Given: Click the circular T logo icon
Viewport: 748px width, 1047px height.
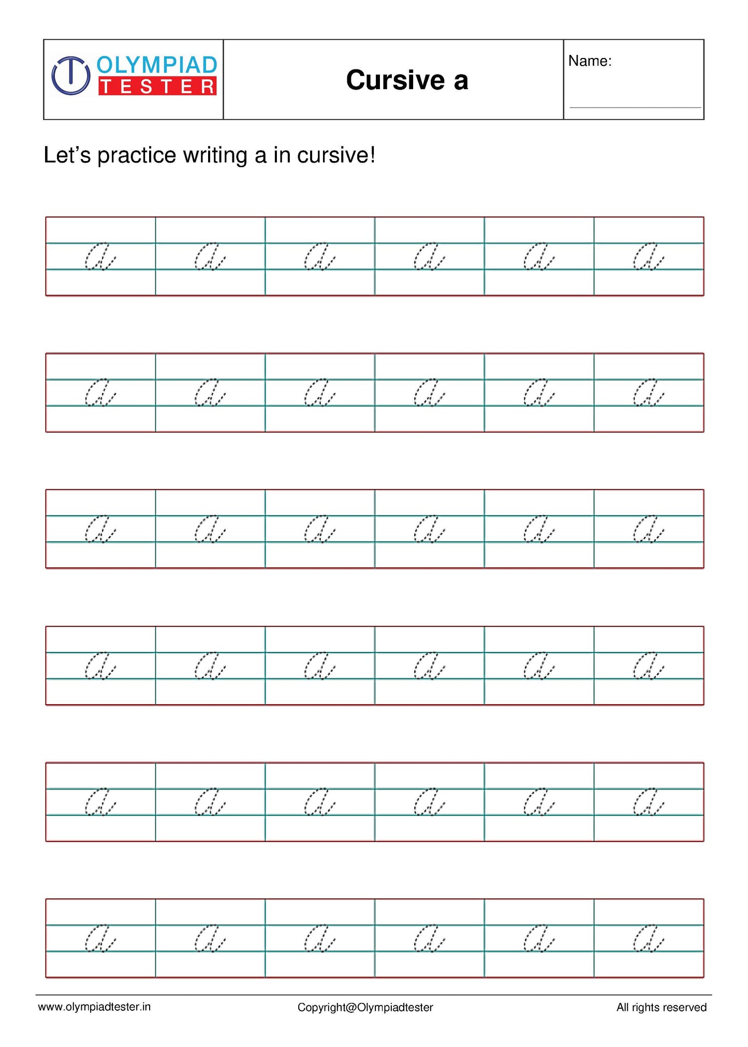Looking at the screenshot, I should click(71, 76).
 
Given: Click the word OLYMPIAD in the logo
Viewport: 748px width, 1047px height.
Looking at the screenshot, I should click(157, 65).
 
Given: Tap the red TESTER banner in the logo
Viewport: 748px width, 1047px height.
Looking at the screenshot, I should click(157, 86).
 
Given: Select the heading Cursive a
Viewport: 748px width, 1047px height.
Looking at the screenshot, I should click(407, 80).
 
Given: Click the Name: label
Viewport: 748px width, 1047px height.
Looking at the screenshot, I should click(590, 61).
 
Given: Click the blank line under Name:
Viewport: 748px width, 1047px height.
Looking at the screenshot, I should click(635, 107).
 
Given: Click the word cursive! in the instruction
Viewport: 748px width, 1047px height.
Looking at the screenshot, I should click(336, 155).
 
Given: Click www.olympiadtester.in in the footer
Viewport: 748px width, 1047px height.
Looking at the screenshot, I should click(94, 1007).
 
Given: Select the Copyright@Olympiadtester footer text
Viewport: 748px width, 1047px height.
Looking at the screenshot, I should click(365, 1007).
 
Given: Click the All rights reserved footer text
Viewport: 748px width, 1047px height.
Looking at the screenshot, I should click(661, 1007).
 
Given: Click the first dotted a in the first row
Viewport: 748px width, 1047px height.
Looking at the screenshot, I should click(99, 256).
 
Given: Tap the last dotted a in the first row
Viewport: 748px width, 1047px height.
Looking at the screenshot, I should click(648, 256).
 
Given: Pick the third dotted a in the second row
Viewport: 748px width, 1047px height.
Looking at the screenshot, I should click(319, 393).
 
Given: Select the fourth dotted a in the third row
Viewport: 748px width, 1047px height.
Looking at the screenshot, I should click(429, 529).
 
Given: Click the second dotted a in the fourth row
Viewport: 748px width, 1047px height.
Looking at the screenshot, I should click(209, 666).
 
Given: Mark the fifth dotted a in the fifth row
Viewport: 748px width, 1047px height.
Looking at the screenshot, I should click(538, 802).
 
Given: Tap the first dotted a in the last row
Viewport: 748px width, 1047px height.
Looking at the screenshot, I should click(99, 938).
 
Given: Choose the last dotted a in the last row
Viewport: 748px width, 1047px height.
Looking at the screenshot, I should click(648, 938).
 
